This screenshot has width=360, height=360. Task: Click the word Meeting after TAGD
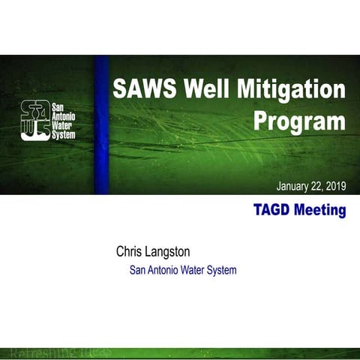click(319, 210)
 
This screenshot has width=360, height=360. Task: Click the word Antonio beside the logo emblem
click(63, 116)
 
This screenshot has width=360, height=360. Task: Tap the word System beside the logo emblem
click(63, 134)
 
